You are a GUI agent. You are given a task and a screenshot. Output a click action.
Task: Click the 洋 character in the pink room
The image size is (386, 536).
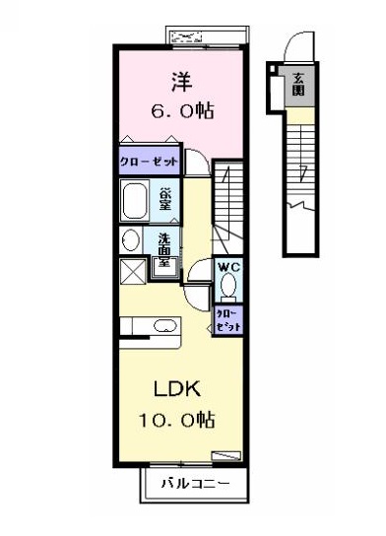[x=182, y=82]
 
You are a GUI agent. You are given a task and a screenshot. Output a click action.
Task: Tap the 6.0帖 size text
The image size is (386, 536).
[x=183, y=110]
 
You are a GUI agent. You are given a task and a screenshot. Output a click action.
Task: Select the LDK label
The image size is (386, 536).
[x=177, y=388]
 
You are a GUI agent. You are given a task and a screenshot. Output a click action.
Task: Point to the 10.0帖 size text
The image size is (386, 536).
[x=176, y=420]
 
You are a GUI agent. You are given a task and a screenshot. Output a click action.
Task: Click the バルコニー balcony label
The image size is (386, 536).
[x=195, y=484]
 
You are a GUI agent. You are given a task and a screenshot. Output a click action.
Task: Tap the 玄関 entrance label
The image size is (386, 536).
[x=298, y=84]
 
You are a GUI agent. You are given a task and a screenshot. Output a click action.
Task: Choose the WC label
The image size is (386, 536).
[x=228, y=267]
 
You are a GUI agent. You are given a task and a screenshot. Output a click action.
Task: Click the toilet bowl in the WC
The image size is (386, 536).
[x=228, y=286]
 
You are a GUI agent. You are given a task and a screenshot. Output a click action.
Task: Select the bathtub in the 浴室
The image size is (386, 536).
[x=135, y=201]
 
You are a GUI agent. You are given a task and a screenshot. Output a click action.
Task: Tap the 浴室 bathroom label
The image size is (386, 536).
[x=165, y=200]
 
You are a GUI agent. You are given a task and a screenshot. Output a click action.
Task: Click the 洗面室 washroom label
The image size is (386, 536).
[x=164, y=250]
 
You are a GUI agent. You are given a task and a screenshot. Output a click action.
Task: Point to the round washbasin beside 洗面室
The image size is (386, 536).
[x=131, y=240]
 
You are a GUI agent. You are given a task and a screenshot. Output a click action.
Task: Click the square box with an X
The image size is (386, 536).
[x=133, y=271]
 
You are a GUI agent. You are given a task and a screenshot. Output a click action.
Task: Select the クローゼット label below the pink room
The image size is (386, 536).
[x=149, y=161]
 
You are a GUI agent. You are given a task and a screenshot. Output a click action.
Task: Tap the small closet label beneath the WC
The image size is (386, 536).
[x=228, y=321]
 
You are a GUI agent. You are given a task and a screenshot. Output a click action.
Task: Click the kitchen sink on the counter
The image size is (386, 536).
[x=165, y=326]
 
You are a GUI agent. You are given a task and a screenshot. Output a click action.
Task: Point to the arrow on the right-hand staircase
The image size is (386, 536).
[x=302, y=173]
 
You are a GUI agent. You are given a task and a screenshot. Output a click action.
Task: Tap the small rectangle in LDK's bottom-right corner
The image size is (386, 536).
[x=226, y=456]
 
